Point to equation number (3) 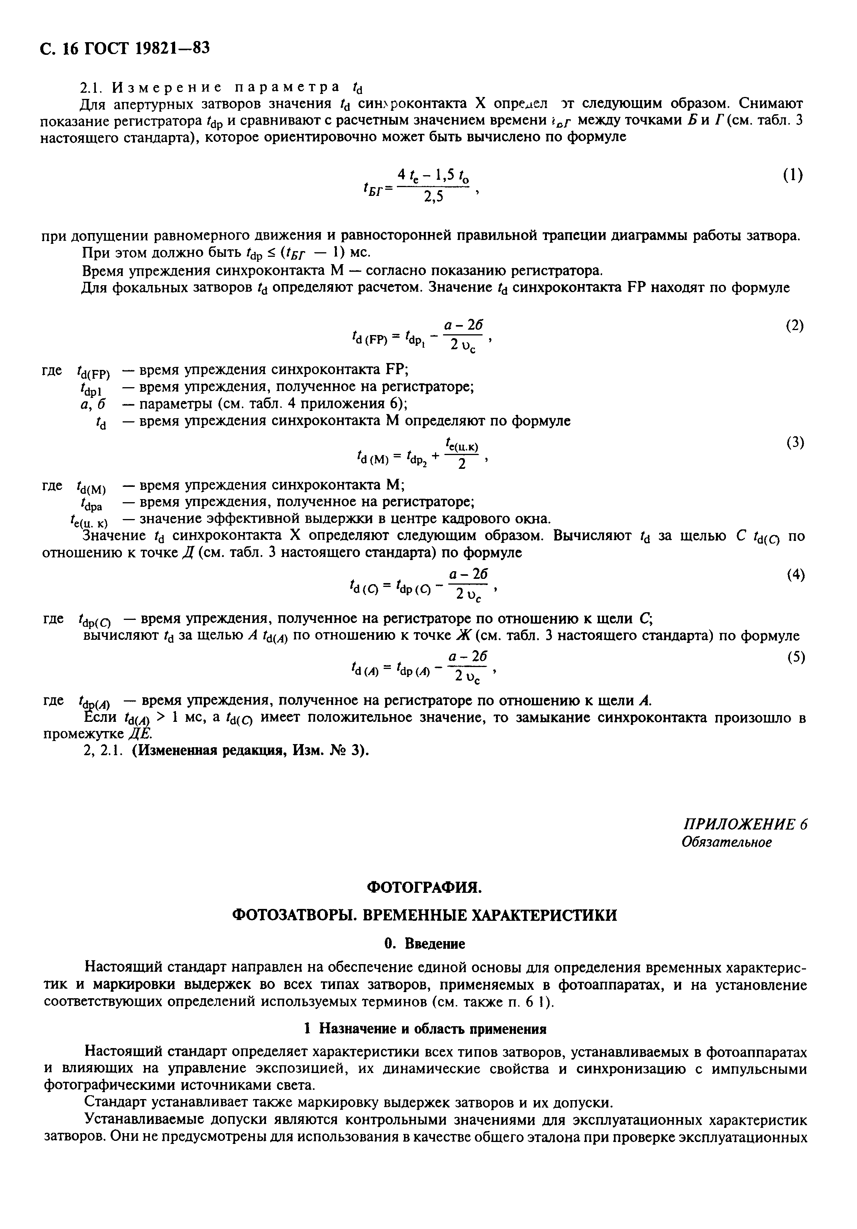coord(795,443)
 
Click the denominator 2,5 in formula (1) coord(433,197)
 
